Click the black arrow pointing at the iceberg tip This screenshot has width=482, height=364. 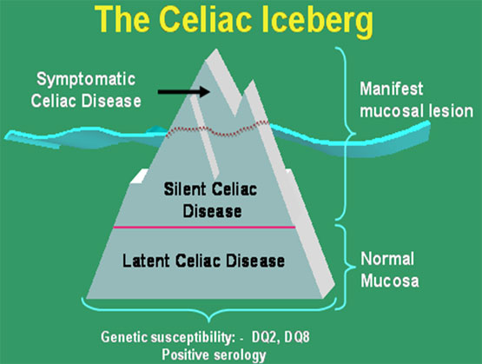(x=184, y=91)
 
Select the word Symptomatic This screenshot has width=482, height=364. (x=86, y=80)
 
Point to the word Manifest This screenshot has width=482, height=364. (x=392, y=89)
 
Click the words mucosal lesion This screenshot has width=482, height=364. (x=417, y=110)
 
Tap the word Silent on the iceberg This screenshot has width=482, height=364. (x=184, y=189)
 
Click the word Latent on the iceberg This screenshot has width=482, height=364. (x=146, y=261)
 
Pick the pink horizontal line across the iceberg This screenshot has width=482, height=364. (x=204, y=228)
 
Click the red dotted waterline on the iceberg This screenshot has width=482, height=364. (x=217, y=129)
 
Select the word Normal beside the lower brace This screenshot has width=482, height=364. (x=387, y=259)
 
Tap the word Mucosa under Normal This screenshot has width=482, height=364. (x=390, y=281)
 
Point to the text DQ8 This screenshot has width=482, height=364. (x=297, y=337)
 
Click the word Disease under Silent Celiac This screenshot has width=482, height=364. (x=212, y=211)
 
